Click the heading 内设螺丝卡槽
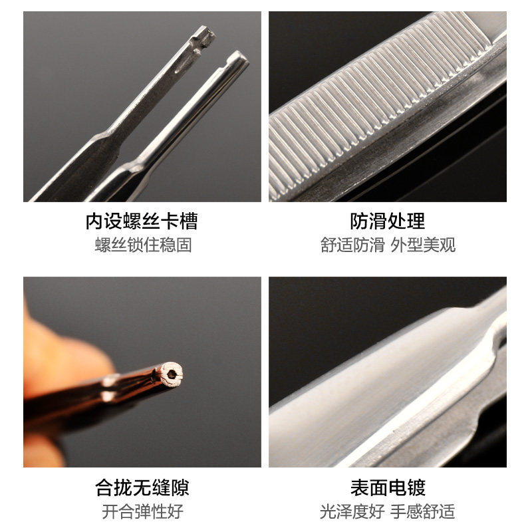(x=142, y=221)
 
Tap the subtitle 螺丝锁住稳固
(x=143, y=245)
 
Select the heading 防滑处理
(x=388, y=221)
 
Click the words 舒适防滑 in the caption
(x=352, y=245)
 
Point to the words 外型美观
(x=423, y=245)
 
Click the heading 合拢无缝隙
(x=142, y=487)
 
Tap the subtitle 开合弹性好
(x=142, y=511)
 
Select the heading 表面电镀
(x=388, y=487)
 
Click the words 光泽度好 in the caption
(x=352, y=511)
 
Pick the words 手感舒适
(x=423, y=511)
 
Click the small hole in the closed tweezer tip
(x=172, y=374)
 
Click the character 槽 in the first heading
(x=189, y=221)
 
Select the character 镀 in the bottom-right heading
(x=416, y=487)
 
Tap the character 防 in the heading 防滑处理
(x=359, y=221)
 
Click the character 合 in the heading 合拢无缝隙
(x=104, y=487)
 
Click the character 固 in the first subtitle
(x=184, y=245)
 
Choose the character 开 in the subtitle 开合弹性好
(x=110, y=511)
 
